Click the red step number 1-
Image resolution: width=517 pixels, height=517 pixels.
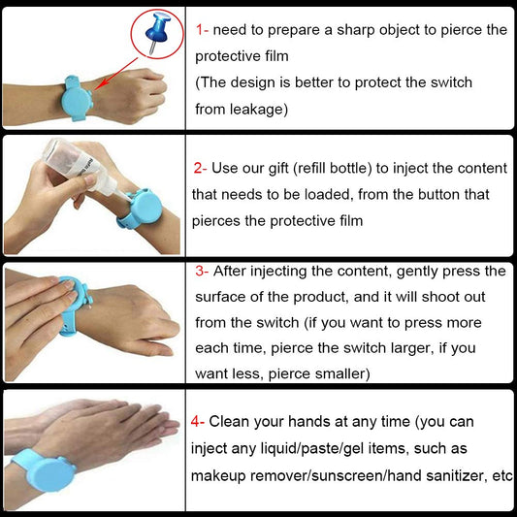pyautogui.click(x=208, y=30)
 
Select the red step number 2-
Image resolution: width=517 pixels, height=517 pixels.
pyautogui.click(x=206, y=168)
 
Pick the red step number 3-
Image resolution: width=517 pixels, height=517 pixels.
pyautogui.click(x=207, y=271)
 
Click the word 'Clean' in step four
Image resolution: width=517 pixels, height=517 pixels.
pyautogui.click(x=232, y=421)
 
